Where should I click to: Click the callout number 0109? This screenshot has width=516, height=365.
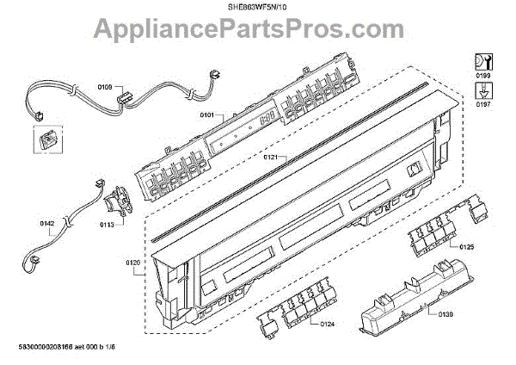104,86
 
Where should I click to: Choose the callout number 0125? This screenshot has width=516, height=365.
465,247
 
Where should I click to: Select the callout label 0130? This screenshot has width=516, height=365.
444,313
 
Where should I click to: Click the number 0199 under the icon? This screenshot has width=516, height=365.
482,77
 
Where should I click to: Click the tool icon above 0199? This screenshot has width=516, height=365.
482,61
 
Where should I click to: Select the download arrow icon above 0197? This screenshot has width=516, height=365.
482,89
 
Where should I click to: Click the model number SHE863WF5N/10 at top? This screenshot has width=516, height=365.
259,7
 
